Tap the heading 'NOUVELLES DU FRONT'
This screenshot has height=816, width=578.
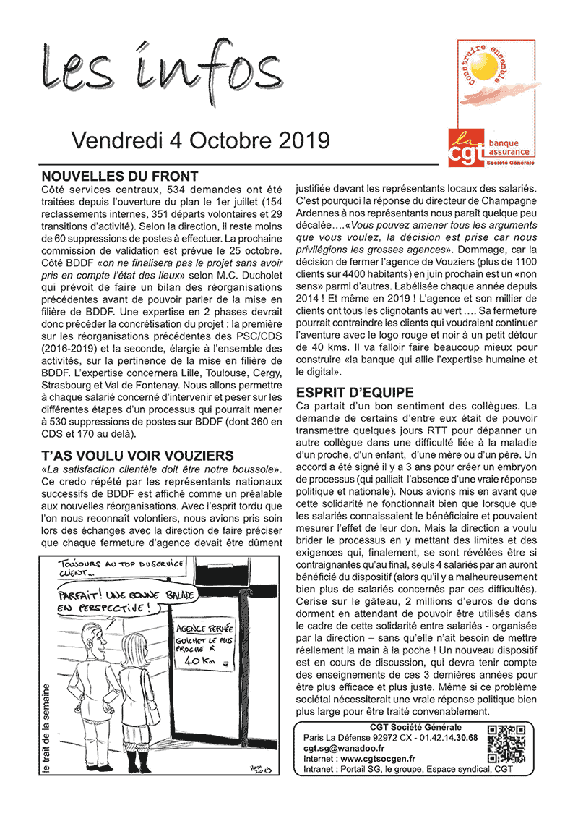point(120,177)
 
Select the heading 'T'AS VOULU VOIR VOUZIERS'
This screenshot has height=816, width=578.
point(138,455)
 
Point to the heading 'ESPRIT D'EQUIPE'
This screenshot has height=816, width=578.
point(355,393)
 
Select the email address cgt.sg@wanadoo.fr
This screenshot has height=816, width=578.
point(344,748)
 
